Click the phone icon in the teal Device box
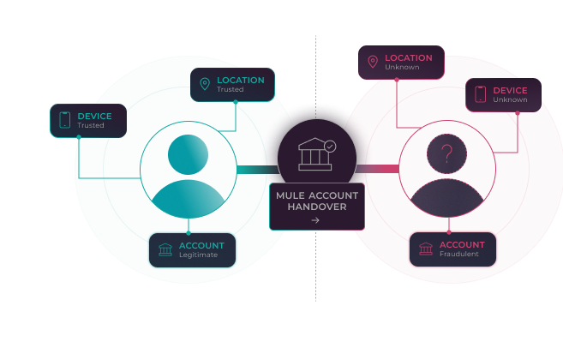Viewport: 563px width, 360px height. click(x=64, y=120)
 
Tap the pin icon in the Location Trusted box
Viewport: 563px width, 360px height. click(x=205, y=84)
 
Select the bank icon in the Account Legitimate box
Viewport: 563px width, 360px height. click(x=165, y=249)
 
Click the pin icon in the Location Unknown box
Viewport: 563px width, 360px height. click(x=373, y=62)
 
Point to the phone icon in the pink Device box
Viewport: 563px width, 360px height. click(x=481, y=94)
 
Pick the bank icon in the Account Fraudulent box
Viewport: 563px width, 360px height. click(x=426, y=249)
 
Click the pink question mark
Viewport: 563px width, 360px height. click(x=446, y=153)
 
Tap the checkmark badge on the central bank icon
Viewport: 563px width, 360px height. click(x=330, y=147)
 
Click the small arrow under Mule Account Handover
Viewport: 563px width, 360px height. click(x=315, y=220)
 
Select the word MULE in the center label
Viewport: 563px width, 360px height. click(x=290, y=195)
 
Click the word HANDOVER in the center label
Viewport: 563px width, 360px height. click(x=317, y=207)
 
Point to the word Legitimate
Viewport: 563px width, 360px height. click(x=199, y=255)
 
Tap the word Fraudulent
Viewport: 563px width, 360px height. click(x=459, y=254)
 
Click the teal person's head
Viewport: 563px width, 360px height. click(x=189, y=154)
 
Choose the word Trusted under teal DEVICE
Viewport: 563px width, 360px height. click(x=91, y=125)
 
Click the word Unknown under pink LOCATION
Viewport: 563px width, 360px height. click(x=402, y=67)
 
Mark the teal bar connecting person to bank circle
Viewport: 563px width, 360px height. click(x=258, y=169)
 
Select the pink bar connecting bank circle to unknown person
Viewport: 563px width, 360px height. click(x=377, y=169)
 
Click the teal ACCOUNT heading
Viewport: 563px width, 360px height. click(x=201, y=246)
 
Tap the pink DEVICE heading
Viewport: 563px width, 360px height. click(x=510, y=91)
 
